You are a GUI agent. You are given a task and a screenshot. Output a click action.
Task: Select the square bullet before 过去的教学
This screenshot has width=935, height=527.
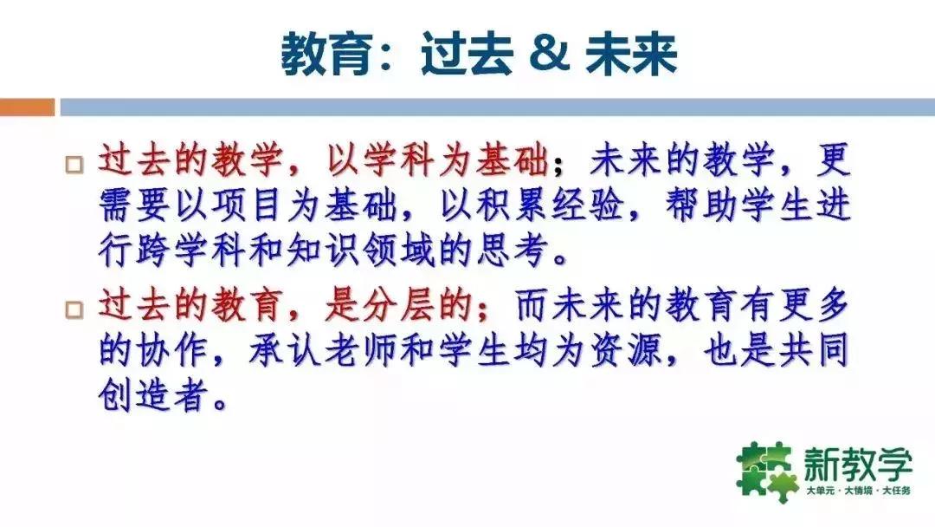(75, 163)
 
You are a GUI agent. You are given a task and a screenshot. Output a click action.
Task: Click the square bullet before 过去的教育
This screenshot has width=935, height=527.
(75, 309)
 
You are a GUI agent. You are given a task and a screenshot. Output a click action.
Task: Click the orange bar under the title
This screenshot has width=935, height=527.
(27, 107)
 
